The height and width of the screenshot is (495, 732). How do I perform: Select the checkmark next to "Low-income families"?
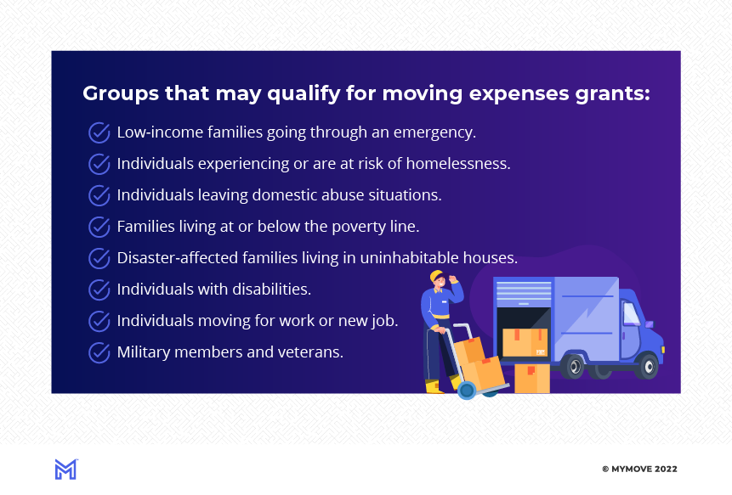pos(99,132)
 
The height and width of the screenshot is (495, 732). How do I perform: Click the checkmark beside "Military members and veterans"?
pos(99,352)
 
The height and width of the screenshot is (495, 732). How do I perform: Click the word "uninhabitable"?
pos(416,258)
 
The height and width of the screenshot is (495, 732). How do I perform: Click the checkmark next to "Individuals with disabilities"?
pos(99,290)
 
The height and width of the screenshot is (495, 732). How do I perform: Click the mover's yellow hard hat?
pos(437,277)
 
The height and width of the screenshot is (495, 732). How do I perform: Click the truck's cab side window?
pos(630,313)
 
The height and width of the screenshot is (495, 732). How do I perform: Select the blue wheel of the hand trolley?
pos(466,391)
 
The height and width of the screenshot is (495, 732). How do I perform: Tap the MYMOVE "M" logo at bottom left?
pos(65,469)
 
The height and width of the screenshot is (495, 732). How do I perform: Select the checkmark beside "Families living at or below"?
pos(99,227)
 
